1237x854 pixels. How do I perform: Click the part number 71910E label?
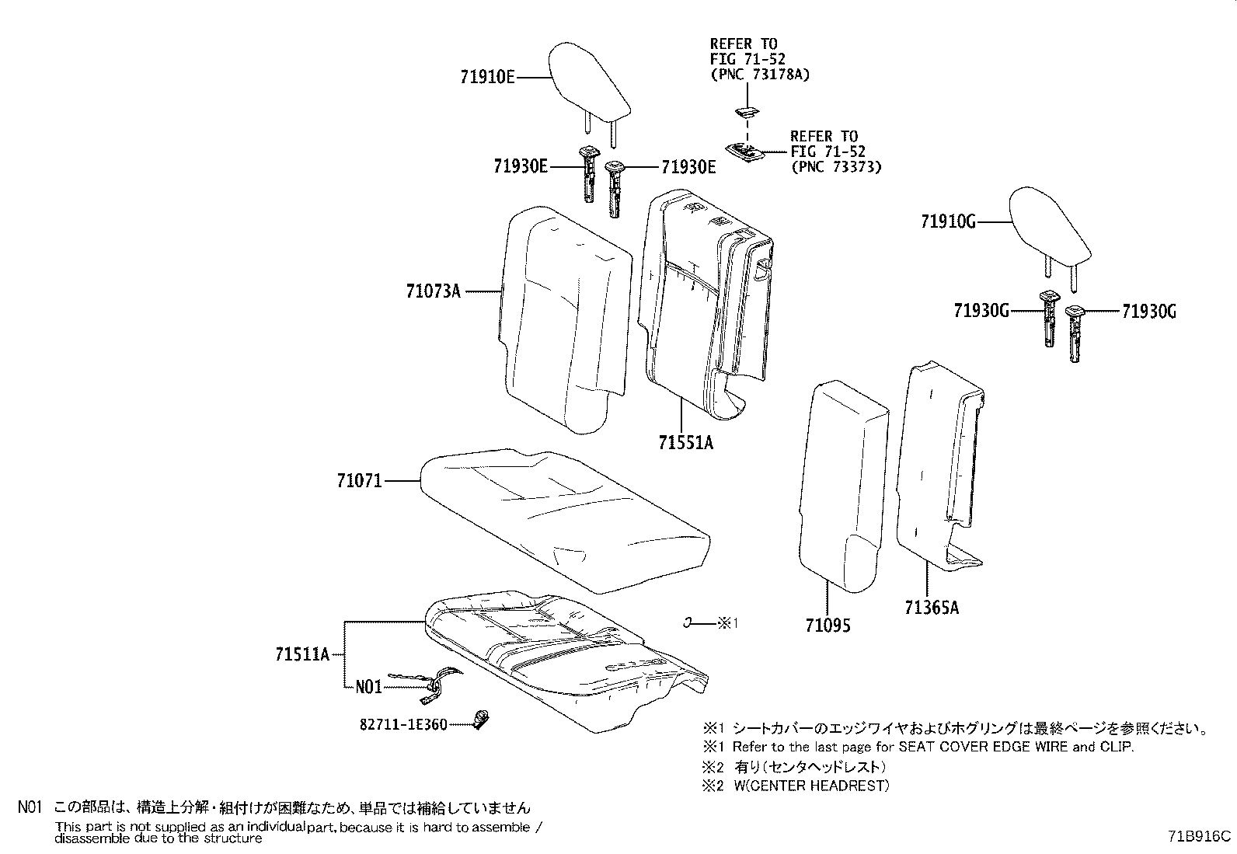point(487,78)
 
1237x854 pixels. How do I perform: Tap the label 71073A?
point(433,291)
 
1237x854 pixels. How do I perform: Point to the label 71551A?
point(685,443)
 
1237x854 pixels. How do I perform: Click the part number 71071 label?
point(359,481)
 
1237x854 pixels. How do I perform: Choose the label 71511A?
point(301,654)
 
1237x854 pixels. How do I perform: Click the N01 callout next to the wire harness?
point(368,688)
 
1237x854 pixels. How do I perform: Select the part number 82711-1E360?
point(403,724)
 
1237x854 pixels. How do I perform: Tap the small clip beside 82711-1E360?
point(483,719)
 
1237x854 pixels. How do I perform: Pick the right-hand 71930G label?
point(1149,312)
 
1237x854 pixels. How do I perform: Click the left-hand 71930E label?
point(521,166)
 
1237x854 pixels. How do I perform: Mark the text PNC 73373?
point(836,167)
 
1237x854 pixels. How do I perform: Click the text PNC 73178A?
point(759,75)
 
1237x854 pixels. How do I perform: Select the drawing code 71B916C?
point(1199,836)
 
